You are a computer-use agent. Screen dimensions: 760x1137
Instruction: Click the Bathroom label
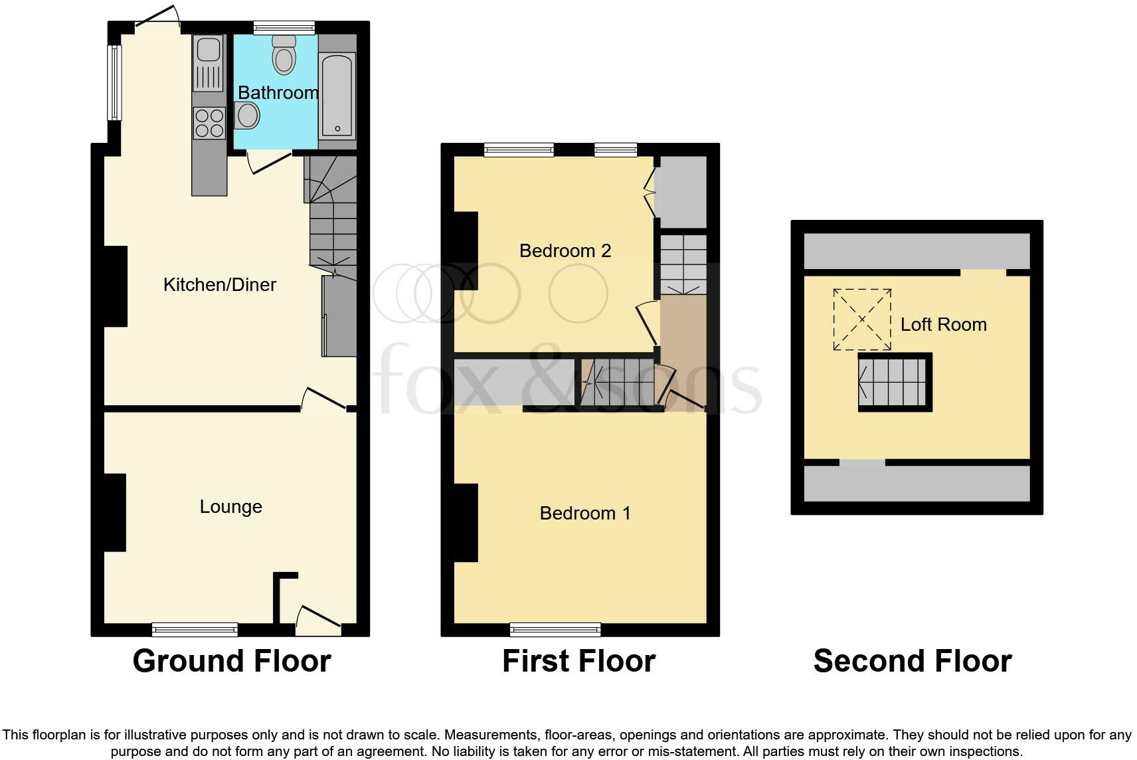click(278, 92)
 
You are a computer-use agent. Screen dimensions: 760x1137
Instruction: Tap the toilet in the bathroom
click(284, 54)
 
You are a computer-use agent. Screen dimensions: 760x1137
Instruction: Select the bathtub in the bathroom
click(337, 94)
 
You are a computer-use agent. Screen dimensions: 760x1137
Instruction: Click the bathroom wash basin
click(247, 116)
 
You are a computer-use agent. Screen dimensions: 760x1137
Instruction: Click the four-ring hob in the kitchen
click(209, 123)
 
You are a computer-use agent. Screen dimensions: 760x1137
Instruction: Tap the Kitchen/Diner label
click(219, 284)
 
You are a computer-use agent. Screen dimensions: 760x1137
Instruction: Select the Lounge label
click(230, 507)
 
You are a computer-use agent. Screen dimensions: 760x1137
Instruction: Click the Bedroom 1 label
click(584, 513)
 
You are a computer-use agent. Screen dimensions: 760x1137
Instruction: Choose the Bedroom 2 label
click(565, 250)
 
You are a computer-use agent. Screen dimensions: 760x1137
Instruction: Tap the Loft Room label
click(943, 324)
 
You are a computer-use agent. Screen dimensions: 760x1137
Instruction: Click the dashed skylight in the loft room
click(862, 320)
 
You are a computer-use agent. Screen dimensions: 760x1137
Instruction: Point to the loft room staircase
click(893, 382)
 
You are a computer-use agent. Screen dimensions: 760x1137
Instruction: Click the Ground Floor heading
click(231, 661)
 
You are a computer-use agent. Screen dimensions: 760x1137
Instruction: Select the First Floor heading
click(578, 661)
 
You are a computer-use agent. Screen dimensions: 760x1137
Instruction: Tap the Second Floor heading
click(912, 661)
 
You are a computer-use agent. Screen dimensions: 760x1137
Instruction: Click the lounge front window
click(194, 628)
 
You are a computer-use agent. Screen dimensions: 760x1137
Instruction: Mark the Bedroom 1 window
click(555, 628)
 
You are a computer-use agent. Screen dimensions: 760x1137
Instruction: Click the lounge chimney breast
click(114, 512)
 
